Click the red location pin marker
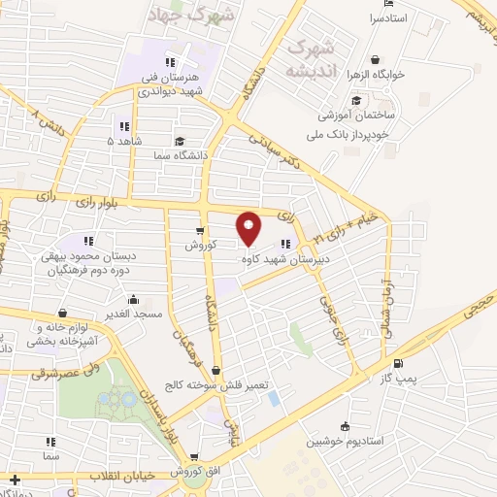click(x=248, y=227)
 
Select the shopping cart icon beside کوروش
click(x=199, y=231)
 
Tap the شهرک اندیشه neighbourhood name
click(x=313, y=58)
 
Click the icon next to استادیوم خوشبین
click(x=346, y=426)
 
